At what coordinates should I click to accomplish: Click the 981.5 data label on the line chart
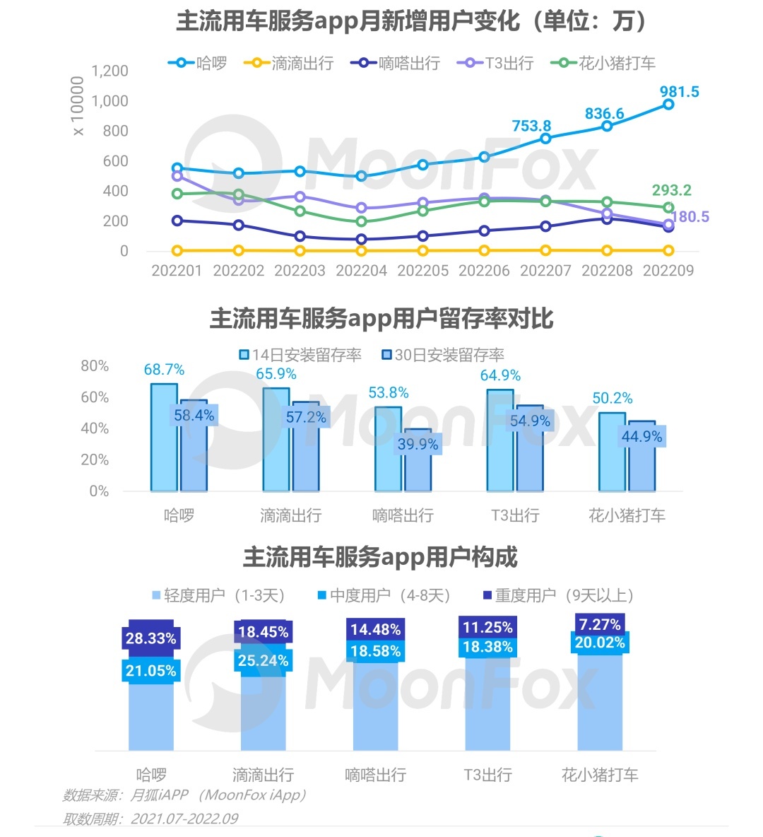click(679, 92)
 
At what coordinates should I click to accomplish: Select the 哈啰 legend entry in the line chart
click(199, 63)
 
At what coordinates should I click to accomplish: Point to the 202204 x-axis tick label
click(361, 271)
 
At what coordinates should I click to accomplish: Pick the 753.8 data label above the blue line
click(531, 126)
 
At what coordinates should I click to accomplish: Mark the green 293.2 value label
click(671, 190)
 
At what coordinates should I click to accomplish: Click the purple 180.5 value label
click(690, 217)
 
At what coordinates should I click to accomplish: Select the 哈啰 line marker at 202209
click(668, 105)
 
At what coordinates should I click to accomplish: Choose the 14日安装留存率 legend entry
click(300, 355)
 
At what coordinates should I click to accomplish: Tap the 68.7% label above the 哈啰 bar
click(164, 370)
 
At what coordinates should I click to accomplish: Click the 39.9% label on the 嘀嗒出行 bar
click(418, 444)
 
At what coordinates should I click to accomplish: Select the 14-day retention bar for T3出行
click(500, 440)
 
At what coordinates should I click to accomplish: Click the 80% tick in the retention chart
click(95, 365)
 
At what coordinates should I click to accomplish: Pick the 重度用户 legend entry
click(558, 595)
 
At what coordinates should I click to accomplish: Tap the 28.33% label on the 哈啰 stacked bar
click(150, 638)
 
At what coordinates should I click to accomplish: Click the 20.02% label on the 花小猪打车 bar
click(600, 643)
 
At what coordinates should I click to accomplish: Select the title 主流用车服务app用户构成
click(381, 557)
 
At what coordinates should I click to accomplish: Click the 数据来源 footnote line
click(185, 795)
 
